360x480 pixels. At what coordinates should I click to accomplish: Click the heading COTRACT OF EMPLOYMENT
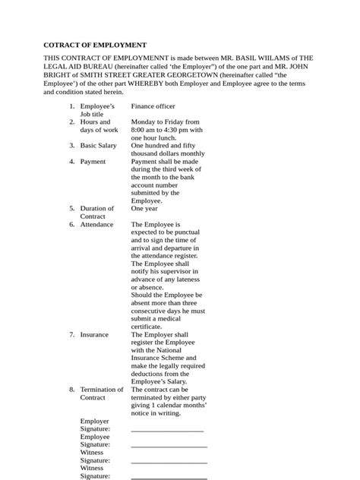pyautogui.click(x=94, y=46)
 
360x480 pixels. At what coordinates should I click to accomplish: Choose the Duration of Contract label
pyautogui.click(x=96, y=212)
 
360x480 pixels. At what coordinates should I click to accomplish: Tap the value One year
pyautogui.click(x=144, y=208)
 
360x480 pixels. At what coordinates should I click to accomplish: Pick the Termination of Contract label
pyautogui.click(x=101, y=393)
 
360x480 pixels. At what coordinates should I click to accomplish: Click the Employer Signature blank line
pyautogui.click(x=167, y=430)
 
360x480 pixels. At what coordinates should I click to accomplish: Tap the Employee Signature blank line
pyautogui.click(x=169, y=446)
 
